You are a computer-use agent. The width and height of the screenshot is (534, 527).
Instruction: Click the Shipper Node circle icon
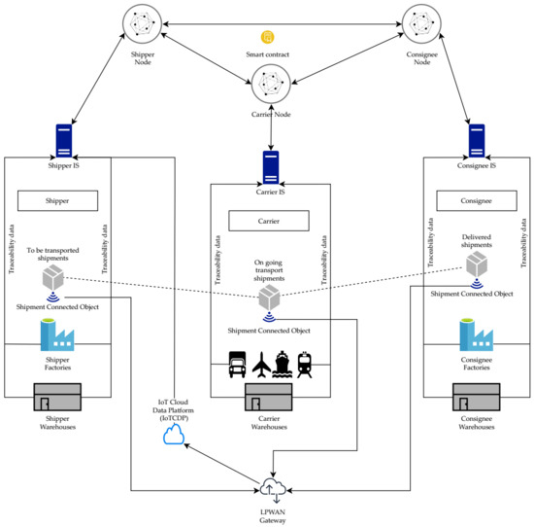point(143,24)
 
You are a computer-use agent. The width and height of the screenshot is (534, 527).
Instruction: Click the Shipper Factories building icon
point(59,335)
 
